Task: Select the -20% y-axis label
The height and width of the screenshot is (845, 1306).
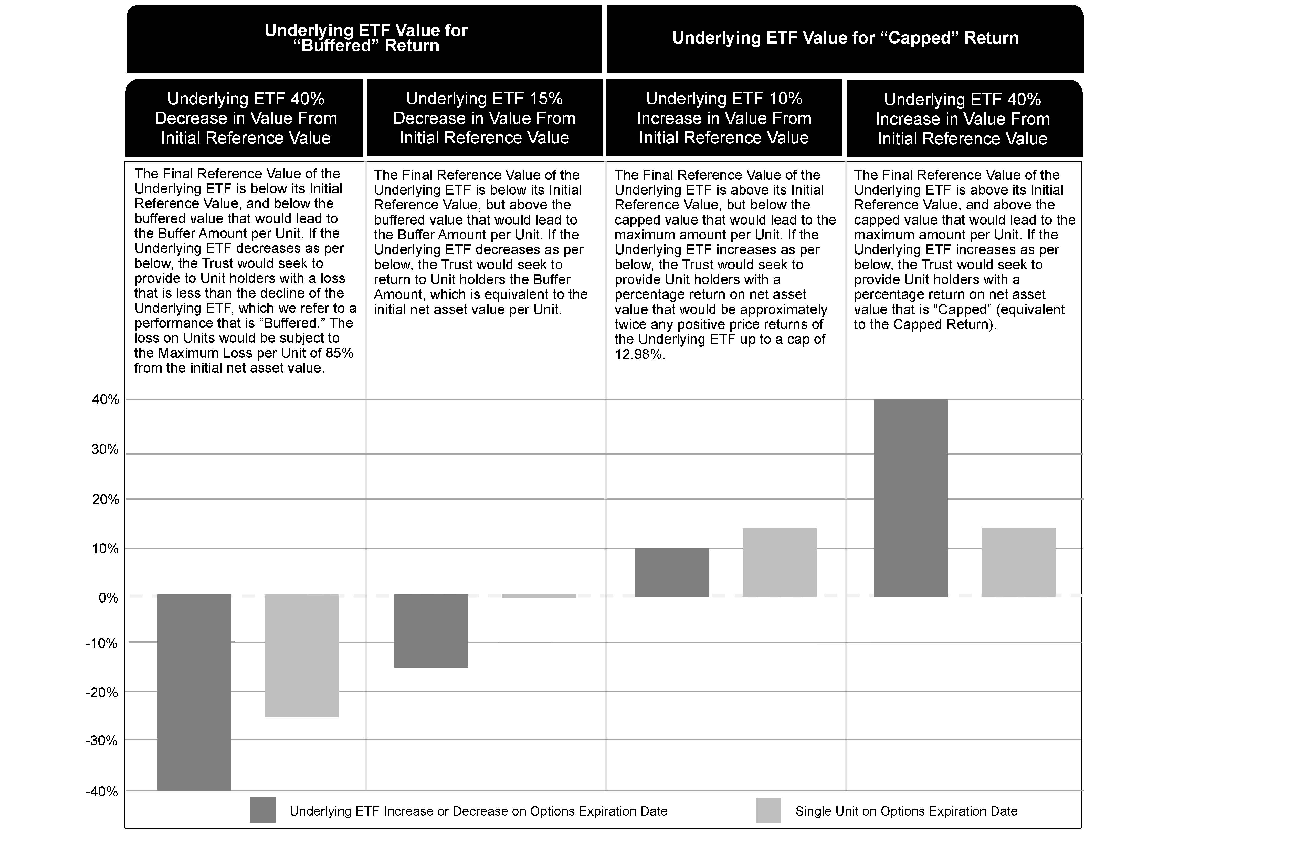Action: tap(102, 692)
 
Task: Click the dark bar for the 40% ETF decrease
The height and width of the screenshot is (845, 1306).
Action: tap(194, 692)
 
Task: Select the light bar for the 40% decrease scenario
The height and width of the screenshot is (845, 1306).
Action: tap(301, 656)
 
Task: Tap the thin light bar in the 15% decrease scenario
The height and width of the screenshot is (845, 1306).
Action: tap(539, 596)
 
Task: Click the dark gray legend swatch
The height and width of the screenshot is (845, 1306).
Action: tap(262, 810)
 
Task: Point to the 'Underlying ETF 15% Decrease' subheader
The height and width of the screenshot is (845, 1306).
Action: tap(484, 118)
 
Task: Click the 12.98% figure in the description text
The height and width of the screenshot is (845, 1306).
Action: tap(639, 354)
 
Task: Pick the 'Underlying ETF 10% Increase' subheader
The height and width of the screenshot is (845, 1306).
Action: tap(724, 118)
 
